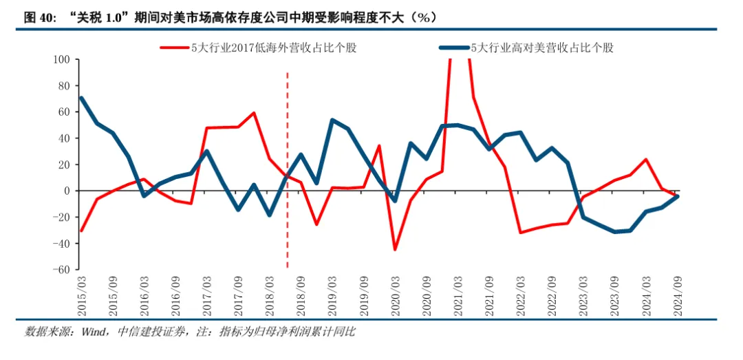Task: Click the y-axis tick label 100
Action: pos(63,60)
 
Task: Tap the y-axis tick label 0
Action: pos(67,191)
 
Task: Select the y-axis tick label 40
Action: pos(64,138)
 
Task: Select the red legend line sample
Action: pos(175,47)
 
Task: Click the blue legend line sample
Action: pos(455,47)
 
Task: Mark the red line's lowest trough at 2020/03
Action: pos(396,249)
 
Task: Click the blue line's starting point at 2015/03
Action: pos(82,98)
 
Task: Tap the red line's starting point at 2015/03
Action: pos(82,231)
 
